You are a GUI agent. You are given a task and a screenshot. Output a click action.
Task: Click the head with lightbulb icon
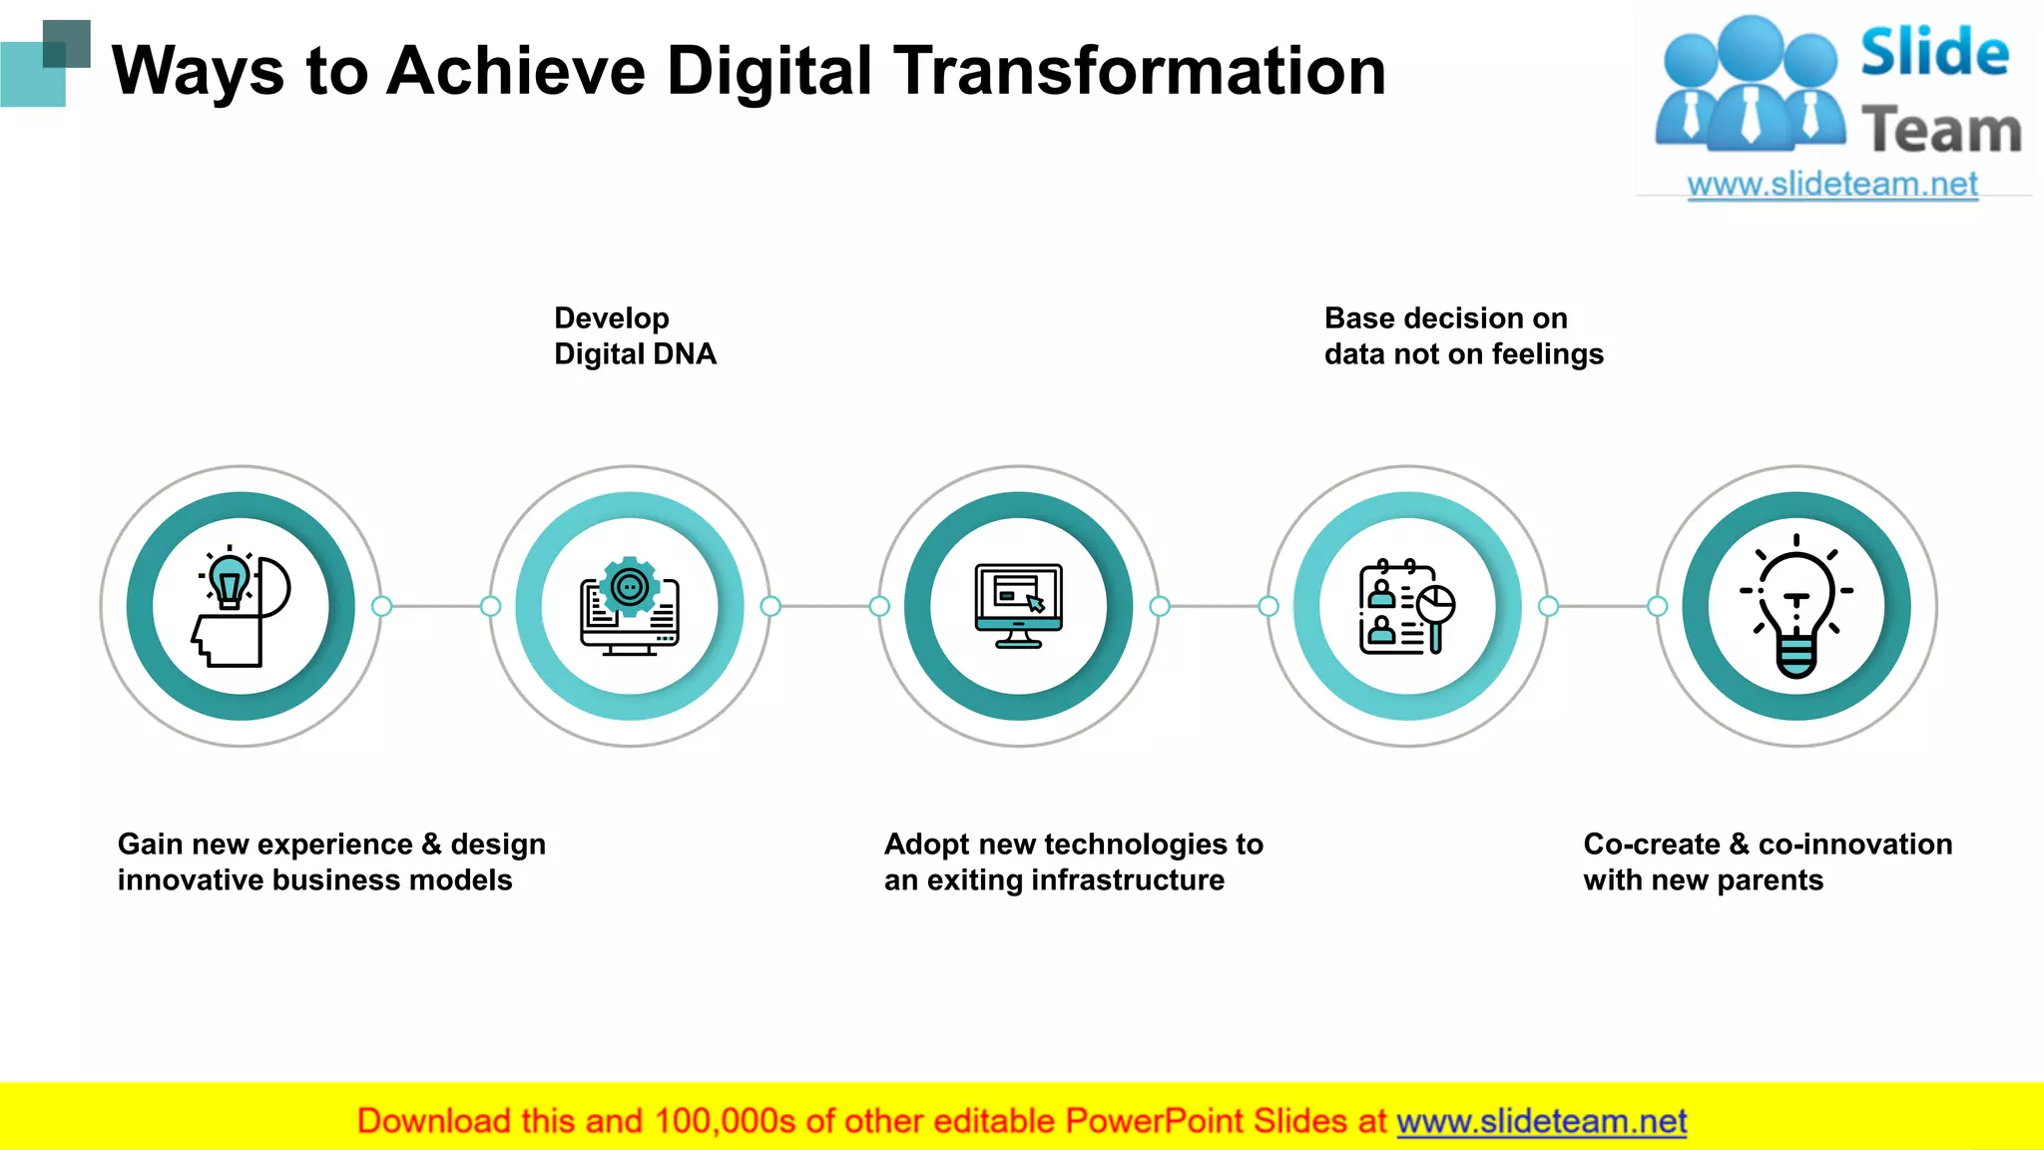(x=241, y=606)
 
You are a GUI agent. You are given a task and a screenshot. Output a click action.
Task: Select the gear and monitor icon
(x=630, y=606)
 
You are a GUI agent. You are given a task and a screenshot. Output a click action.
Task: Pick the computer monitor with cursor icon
(x=1019, y=606)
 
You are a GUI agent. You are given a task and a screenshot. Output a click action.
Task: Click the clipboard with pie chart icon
(x=1407, y=606)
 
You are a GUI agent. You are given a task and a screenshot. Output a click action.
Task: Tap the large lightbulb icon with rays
(x=1796, y=606)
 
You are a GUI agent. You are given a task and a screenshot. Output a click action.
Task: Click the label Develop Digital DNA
(x=635, y=336)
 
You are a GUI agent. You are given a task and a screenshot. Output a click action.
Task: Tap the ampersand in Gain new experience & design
(x=431, y=845)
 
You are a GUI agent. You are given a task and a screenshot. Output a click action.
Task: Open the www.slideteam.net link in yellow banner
(x=1541, y=1122)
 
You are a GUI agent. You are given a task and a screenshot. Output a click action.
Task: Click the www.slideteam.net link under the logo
(x=1832, y=185)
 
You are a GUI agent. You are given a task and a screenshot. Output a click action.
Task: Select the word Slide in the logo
(x=1934, y=52)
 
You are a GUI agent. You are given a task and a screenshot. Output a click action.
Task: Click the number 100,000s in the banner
(x=726, y=1122)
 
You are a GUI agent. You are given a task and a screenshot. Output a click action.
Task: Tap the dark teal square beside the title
(x=67, y=43)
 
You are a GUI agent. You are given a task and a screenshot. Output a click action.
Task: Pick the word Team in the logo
(x=1941, y=131)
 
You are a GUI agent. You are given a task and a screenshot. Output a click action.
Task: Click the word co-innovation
(x=1855, y=845)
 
